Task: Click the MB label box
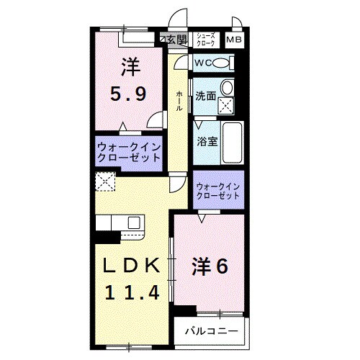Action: (235, 40)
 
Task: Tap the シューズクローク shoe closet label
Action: (207, 40)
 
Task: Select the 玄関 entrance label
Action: (176, 39)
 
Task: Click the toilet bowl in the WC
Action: (222, 63)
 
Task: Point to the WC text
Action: (201, 63)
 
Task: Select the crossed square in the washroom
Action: (227, 107)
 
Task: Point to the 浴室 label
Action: (207, 142)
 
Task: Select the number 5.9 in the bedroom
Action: (130, 92)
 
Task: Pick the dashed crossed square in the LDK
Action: (106, 181)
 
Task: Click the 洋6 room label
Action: (210, 266)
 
